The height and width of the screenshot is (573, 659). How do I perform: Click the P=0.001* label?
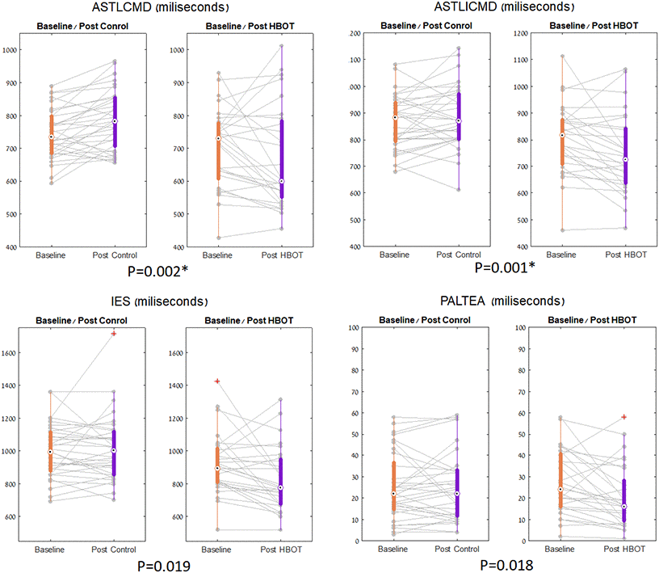pos(506,267)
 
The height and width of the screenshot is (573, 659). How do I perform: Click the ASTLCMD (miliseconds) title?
pos(166,8)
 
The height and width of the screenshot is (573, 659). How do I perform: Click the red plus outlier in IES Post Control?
pos(114,333)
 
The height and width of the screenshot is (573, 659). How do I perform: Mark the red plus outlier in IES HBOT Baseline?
pos(216,381)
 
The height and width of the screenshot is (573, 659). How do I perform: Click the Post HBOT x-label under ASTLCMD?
pos(281,255)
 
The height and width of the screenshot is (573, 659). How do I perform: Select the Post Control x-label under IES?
pos(114,550)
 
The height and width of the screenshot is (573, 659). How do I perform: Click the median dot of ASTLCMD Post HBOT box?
pos(281,181)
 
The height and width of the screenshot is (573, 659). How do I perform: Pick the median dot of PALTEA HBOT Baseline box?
pos(560,489)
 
